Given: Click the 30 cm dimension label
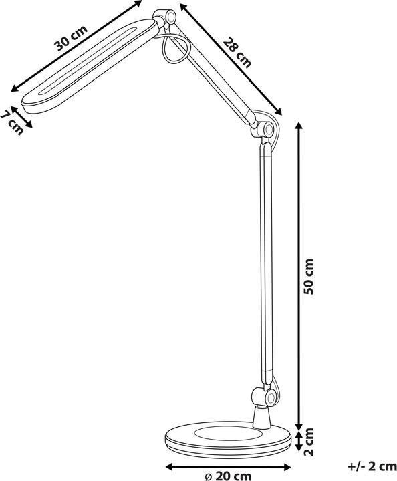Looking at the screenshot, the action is (71, 38).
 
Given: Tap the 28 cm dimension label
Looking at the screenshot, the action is (237, 52).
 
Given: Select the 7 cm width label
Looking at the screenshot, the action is (11, 123).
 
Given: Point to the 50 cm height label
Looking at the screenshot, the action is (308, 277).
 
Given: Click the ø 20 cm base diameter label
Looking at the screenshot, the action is (228, 476).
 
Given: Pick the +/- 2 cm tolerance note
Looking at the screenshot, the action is (372, 466).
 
